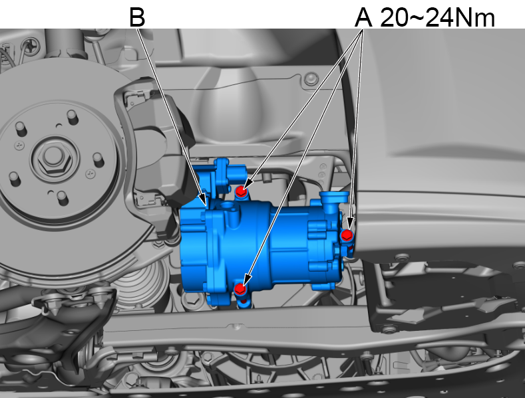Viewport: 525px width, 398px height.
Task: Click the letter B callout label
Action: click(137, 17)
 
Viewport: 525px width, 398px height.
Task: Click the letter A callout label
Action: click(363, 17)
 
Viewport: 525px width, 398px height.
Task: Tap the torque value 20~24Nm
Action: click(437, 17)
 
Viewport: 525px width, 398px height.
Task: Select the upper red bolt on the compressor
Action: click(240, 191)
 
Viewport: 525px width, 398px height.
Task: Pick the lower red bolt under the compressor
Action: click(240, 289)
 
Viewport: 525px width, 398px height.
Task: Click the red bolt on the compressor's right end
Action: click(347, 235)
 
